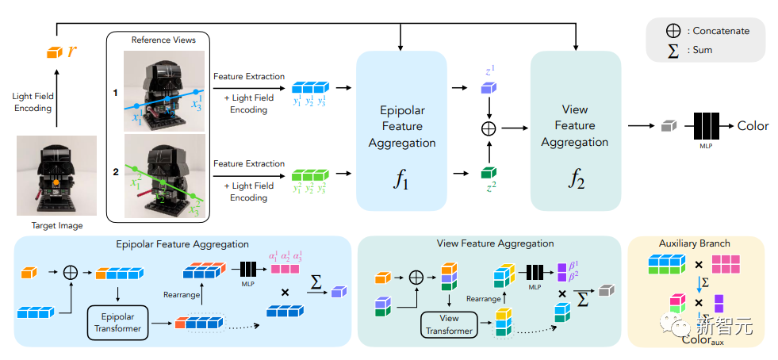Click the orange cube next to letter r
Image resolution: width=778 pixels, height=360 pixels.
[53, 52]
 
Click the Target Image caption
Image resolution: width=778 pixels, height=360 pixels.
[57, 226]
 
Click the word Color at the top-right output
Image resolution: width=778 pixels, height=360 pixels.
[753, 125]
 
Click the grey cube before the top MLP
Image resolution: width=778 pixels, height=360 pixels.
[669, 126]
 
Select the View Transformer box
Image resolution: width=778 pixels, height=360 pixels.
[449, 324]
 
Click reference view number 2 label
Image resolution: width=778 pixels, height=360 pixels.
[115, 171]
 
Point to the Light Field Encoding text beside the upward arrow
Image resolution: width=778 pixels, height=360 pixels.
[33, 102]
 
